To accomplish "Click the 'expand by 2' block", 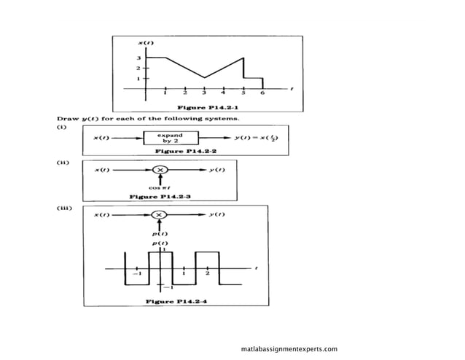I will pos(172,137).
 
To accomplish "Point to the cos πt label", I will pos(160,188).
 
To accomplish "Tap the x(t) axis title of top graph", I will pos(146,43).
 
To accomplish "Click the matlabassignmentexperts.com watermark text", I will pos(289,349).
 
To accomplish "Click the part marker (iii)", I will pos(66,208).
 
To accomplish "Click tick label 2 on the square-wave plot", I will pos(207,274).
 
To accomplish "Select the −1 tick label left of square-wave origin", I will pos(136,274).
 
